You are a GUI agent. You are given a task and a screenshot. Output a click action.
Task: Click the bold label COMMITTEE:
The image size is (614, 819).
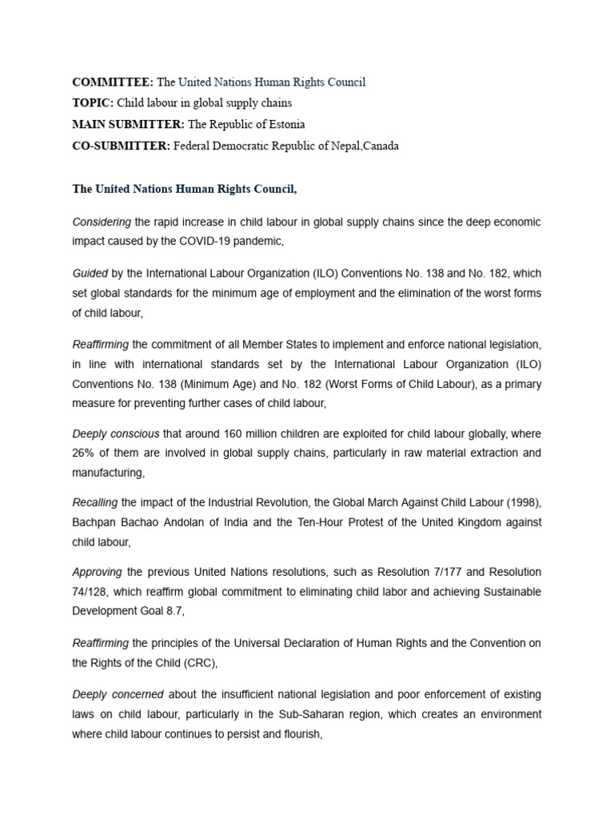coord(113,82)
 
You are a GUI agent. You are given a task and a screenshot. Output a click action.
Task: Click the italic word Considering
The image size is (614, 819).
coord(102,221)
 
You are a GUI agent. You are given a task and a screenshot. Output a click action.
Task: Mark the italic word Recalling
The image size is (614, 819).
coord(95,502)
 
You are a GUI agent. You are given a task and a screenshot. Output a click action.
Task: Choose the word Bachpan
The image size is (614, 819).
coord(95,521)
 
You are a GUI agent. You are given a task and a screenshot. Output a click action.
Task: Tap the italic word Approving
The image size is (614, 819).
coord(96,572)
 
